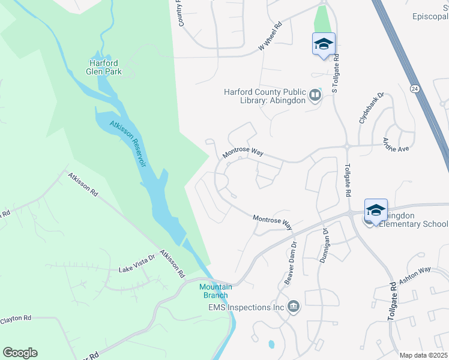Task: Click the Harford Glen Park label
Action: pos(105,67)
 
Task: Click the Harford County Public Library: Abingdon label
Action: pos(264,96)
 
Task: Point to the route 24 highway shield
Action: pos(414,88)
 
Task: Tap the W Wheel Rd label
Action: pos(270,37)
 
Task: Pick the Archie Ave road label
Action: pos(395,145)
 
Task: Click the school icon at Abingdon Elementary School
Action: pos(376,209)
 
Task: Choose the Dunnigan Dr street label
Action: pos(326,242)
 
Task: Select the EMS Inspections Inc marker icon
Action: pos(294,307)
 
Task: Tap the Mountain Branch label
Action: pos(215,291)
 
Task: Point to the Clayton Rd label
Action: pos(16,320)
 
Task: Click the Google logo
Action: pos(20,352)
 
